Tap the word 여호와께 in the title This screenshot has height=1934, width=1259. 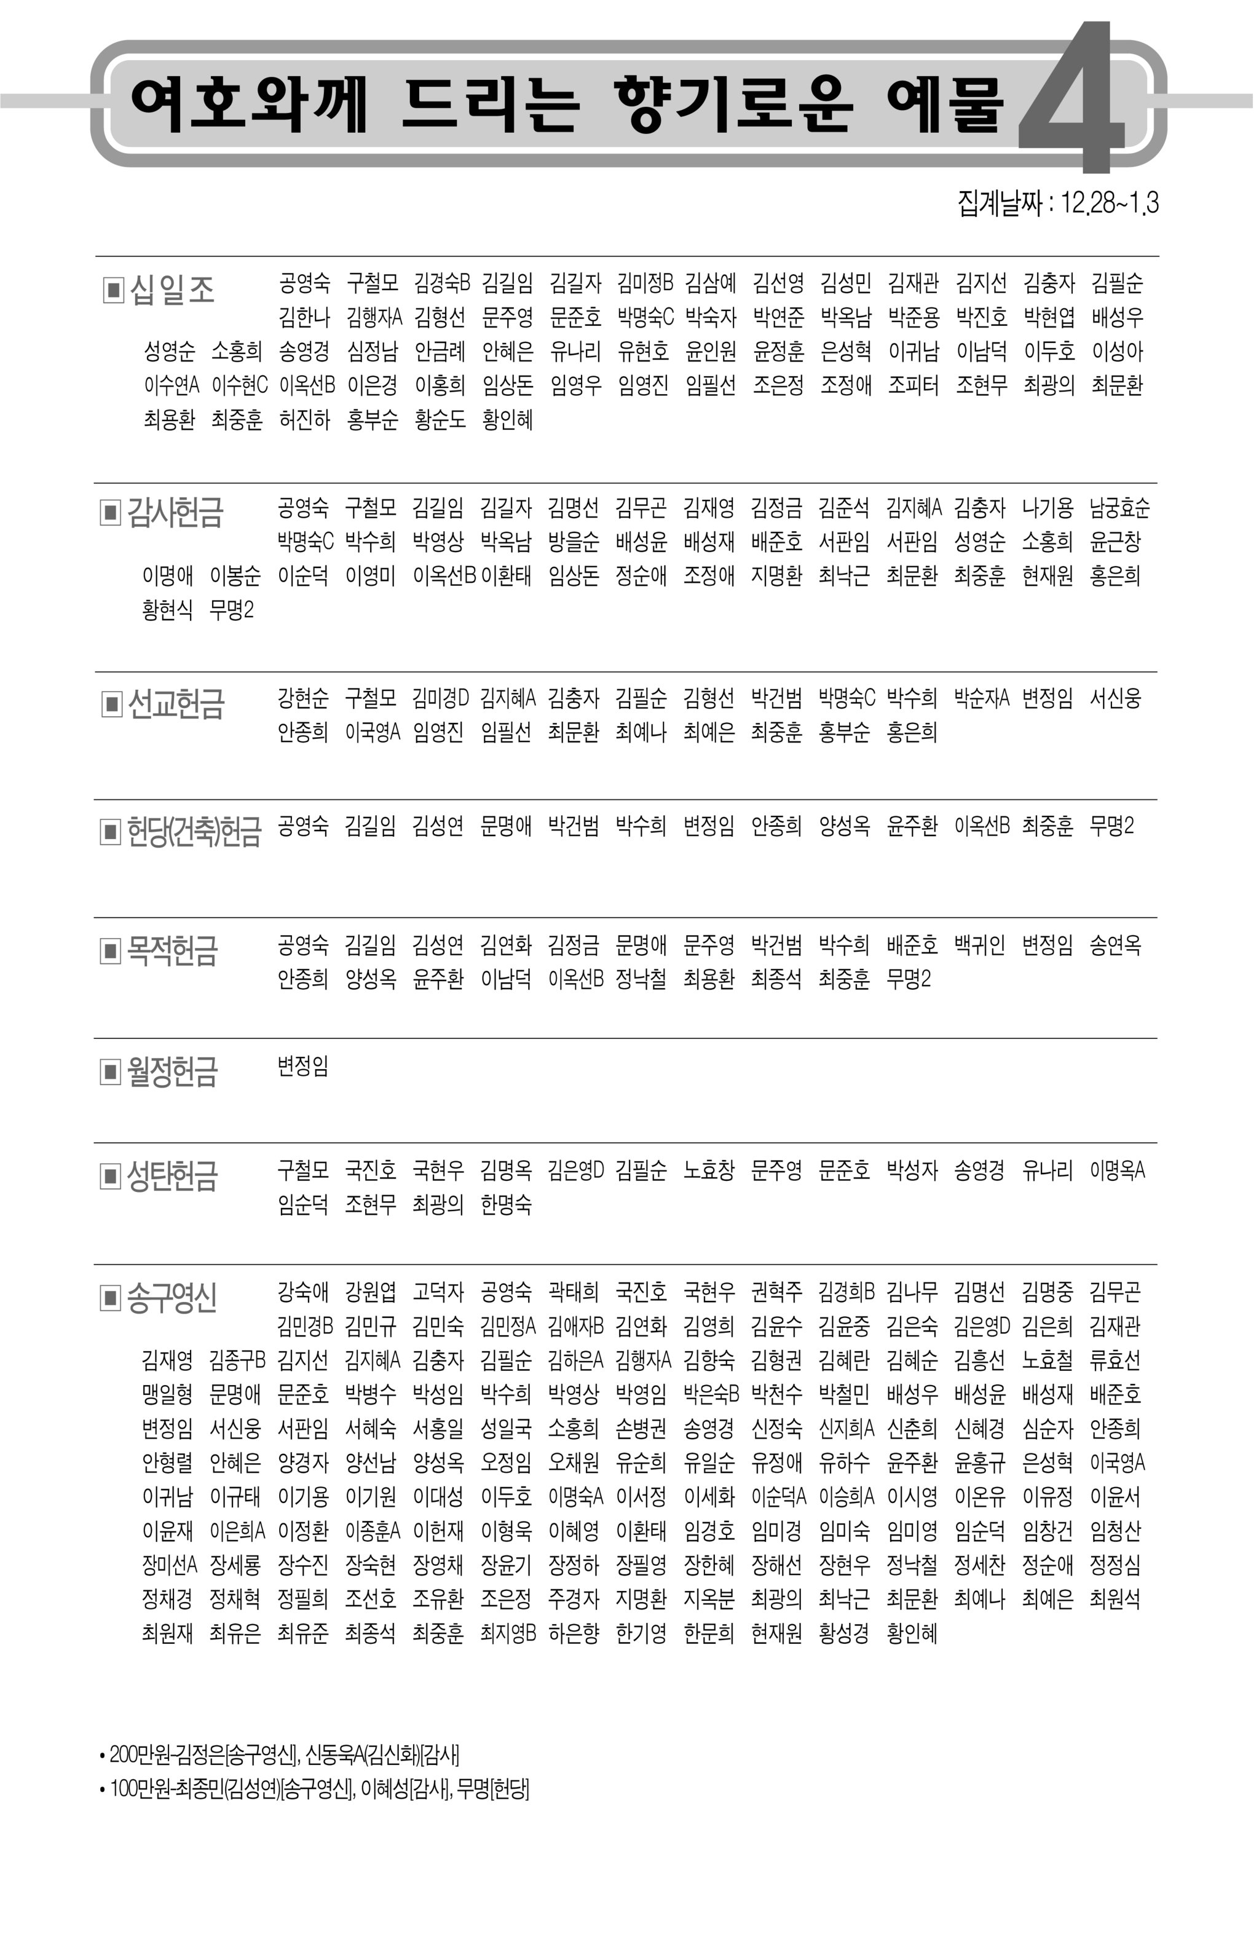click(249, 105)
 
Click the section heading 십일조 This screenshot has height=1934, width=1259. click(172, 290)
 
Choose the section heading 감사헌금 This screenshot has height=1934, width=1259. click(175, 513)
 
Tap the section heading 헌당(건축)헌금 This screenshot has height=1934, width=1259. click(194, 831)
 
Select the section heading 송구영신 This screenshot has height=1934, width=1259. click(172, 1298)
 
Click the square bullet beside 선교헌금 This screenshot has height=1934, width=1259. click(111, 704)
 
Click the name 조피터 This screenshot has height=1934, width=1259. click(913, 385)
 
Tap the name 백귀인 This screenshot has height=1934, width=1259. click(979, 945)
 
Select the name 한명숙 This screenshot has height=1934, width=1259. click(505, 1204)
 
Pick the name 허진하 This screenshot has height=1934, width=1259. click(304, 420)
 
